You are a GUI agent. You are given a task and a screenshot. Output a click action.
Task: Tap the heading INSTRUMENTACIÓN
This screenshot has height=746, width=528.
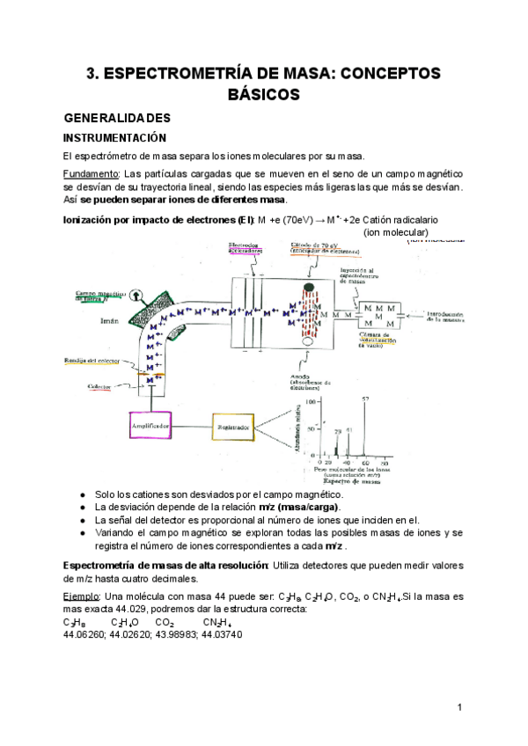point(114,138)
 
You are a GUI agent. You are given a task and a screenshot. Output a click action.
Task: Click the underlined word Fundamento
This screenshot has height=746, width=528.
point(91,174)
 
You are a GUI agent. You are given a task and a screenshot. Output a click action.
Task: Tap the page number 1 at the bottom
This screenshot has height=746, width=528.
point(459,707)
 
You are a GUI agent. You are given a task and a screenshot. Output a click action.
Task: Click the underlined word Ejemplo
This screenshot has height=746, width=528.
point(83,596)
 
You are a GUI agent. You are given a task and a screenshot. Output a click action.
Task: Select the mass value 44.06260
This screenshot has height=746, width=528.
point(84,634)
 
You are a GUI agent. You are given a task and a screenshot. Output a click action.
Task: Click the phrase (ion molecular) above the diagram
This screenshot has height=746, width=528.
point(396,232)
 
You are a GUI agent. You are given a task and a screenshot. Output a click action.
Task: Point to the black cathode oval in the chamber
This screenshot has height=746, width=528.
point(308,289)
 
